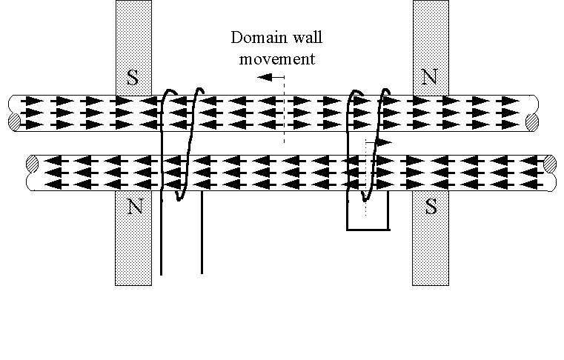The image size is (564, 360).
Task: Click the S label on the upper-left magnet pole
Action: (133, 79)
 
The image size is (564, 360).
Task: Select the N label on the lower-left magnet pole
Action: (134, 207)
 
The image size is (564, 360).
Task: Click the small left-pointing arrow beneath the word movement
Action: (276, 76)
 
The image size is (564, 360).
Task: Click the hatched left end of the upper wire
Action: (15, 121)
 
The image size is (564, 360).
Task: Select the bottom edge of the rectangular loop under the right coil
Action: (368, 230)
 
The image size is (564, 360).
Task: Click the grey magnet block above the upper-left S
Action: (133, 33)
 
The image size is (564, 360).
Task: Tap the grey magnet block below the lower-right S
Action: (431, 252)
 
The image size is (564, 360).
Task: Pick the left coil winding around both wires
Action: (180, 144)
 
